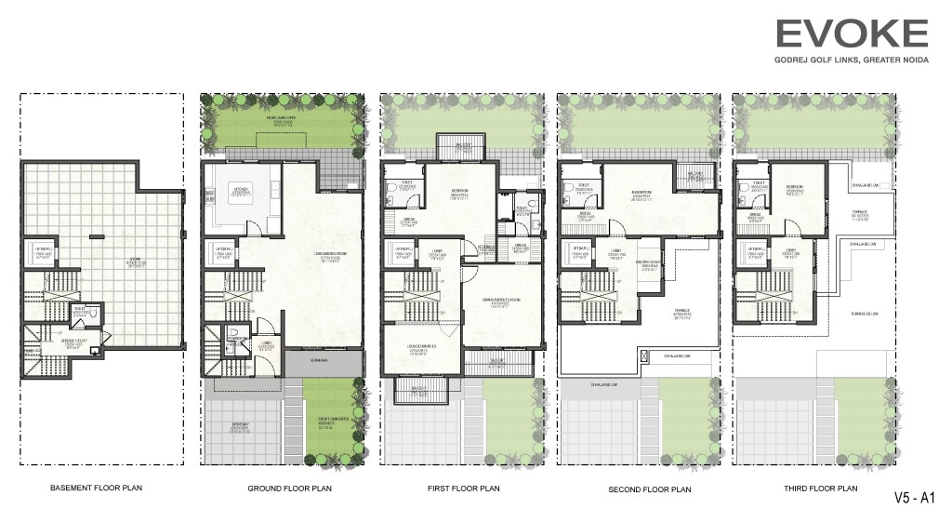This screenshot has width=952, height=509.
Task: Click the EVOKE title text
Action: tap(852, 34)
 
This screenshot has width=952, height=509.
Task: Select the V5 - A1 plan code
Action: tap(916, 496)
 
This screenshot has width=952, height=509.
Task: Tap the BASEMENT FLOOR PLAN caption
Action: tap(97, 488)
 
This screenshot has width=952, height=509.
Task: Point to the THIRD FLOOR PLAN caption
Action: tap(807, 488)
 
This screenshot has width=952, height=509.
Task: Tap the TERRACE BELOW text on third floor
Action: tap(864, 314)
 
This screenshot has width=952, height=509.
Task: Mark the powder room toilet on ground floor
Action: tap(233, 336)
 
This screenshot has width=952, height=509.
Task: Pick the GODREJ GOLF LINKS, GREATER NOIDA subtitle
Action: tap(852, 62)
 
